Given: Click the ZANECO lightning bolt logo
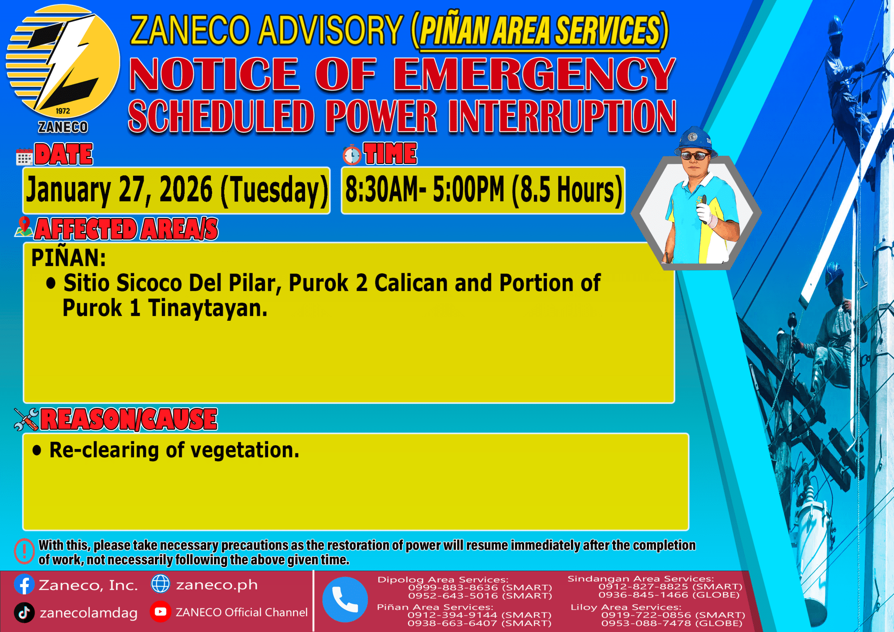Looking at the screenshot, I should (x=63, y=61).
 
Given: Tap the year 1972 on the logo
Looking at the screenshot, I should (x=63, y=111).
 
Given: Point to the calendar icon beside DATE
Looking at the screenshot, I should (x=24, y=156).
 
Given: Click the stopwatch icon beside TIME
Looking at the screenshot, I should (x=352, y=155).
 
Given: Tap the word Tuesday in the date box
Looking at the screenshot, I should (x=274, y=190).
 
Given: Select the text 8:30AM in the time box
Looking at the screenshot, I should (x=381, y=190).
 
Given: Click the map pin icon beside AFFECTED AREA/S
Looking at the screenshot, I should (x=24, y=227).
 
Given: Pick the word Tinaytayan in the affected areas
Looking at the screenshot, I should (x=207, y=308).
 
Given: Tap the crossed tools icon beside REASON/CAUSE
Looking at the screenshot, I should (x=26, y=419).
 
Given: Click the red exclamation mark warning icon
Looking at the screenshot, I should (x=24, y=551).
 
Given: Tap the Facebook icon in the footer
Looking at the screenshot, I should (x=24, y=584).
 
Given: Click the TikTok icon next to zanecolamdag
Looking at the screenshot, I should (x=24, y=612).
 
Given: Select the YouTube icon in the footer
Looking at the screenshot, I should (x=160, y=612).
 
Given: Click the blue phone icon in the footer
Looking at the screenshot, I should (x=345, y=599).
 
